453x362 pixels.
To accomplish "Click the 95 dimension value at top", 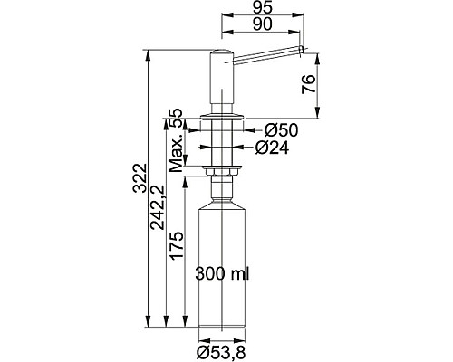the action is pyautogui.click(x=263, y=7).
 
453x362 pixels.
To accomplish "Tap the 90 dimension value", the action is pyautogui.click(x=263, y=24).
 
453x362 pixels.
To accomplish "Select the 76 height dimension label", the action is pyautogui.click(x=309, y=84).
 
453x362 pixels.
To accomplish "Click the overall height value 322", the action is pyautogui.click(x=140, y=177).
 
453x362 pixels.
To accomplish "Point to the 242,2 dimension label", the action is pyautogui.click(x=158, y=207).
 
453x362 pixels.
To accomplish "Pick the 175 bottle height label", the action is pyautogui.click(x=176, y=245).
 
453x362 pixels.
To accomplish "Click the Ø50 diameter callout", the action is pyautogui.click(x=281, y=130).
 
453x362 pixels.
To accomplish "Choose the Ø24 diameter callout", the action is pyautogui.click(x=272, y=148).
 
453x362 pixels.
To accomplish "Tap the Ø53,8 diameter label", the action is pyautogui.click(x=221, y=352).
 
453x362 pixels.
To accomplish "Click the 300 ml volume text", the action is pyautogui.click(x=222, y=274).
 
